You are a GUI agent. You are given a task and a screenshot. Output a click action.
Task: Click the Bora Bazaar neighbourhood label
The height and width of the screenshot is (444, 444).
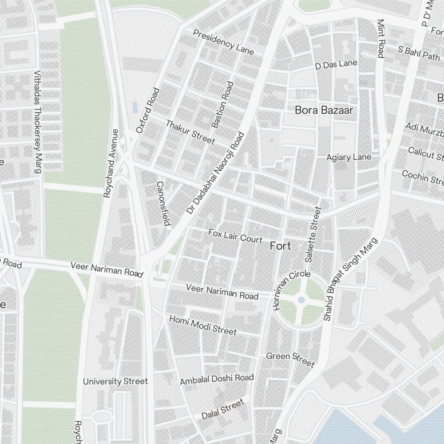324,110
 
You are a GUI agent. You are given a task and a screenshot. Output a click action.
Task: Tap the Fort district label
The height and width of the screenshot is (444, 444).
281,246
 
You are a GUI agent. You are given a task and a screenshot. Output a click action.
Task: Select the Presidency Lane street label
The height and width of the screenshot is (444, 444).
223,42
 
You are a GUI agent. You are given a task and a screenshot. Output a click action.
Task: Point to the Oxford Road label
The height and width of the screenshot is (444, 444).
147,111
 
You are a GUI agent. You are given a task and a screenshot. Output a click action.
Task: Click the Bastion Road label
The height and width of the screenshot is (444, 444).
222,105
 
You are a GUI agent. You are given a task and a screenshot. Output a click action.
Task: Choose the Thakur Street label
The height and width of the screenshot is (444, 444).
190,132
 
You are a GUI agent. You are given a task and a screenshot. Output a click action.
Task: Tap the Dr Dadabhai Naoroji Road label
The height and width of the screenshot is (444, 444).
216,173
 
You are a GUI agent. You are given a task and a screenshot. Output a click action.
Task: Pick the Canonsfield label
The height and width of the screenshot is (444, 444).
163,203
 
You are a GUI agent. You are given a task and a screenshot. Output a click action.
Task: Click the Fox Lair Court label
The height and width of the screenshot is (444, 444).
235,236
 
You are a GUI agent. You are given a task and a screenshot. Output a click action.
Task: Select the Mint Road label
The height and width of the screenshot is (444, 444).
381,38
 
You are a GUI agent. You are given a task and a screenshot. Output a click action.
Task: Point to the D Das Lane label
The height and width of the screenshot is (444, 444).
336,65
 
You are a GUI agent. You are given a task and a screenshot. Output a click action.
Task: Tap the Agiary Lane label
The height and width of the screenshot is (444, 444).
349,158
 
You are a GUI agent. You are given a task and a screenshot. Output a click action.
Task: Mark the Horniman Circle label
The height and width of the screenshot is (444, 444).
292,290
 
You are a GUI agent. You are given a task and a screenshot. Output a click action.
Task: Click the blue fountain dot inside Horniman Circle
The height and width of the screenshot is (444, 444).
301,300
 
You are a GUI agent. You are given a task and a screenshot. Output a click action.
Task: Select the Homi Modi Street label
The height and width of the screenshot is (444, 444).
203,325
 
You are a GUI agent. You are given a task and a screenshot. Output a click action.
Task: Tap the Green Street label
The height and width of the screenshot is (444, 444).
290,359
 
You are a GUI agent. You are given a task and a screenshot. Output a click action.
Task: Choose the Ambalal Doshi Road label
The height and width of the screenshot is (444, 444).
217,380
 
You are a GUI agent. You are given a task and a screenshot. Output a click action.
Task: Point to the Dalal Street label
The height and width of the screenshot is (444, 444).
223,409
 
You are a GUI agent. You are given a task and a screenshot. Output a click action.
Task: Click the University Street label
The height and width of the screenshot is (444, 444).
115,381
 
